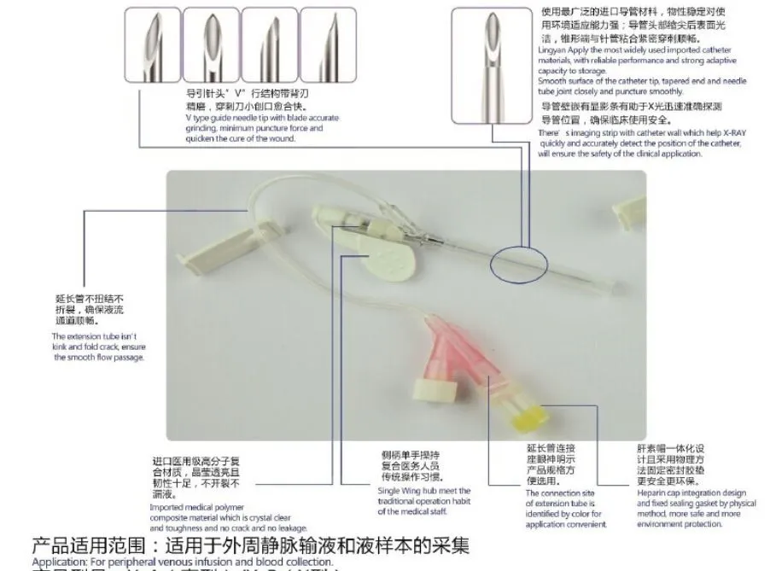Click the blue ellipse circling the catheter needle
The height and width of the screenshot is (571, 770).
[x=519, y=261]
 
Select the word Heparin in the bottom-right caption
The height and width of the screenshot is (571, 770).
[x=655, y=493]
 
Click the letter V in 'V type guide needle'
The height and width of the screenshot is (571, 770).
[x=187, y=118]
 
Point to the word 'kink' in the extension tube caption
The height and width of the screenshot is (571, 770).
[x=63, y=347]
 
